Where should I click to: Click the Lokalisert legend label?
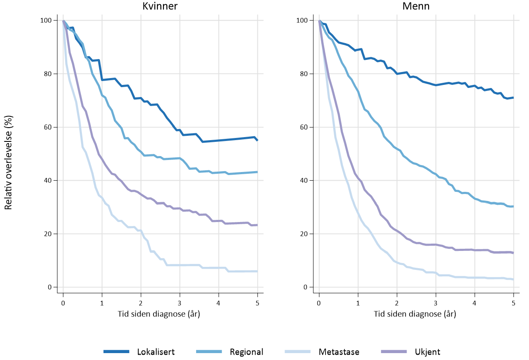point(156,352)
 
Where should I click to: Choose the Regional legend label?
point(246,352)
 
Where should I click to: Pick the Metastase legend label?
point(339,352)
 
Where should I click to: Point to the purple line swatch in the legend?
point(394,352)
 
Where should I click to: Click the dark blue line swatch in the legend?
point(116,352)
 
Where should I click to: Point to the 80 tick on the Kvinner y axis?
point(49,74)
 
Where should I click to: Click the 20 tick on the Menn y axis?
point(304,234)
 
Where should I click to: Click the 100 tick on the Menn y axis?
point(303,20)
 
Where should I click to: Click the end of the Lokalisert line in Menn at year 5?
point(513,97)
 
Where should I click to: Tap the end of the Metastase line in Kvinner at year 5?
point(257,271)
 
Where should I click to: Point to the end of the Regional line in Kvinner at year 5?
point(257,172)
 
